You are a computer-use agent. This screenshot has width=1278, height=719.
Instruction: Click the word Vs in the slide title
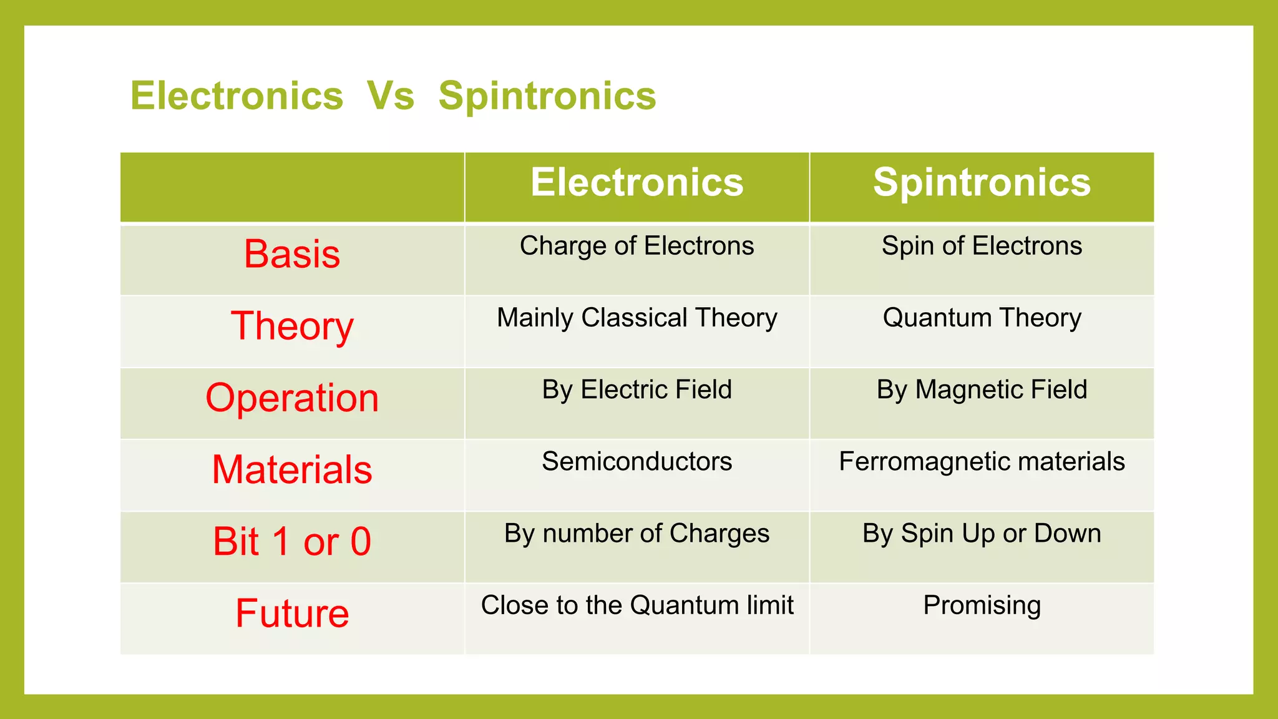(391, 96)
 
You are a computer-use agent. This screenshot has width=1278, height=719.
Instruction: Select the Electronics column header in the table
(637, 182)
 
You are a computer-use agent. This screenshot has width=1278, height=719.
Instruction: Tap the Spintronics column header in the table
(982, 182)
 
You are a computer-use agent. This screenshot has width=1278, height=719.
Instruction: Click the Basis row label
(292, 254)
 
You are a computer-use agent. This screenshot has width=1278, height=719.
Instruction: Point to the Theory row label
(292, 326)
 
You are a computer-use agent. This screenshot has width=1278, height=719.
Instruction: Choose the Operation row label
(292, 398)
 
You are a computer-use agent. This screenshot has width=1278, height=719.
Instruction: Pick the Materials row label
(292, 469)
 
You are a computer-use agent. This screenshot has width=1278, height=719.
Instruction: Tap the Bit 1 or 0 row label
(292, 541)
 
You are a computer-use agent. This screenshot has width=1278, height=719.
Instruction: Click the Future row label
(292, 613)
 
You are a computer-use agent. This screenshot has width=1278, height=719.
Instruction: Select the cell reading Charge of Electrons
(637, 246)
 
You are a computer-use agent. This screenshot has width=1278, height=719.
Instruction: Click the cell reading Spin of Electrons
(982, 246)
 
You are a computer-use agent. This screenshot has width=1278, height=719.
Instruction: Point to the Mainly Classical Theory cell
(637, 318)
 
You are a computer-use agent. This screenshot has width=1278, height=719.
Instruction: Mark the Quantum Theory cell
(982, 318)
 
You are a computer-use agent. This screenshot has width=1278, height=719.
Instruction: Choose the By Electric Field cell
(637, 389)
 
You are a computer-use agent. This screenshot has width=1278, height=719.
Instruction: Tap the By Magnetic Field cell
(982, 389)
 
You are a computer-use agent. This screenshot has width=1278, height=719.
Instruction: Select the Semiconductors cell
(637, 461)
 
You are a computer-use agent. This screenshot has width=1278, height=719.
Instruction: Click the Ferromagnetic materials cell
(982, 461)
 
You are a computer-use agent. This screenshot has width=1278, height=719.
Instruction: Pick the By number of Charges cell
(637, 534)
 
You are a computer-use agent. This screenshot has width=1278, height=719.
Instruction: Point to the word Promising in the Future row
(982, 605)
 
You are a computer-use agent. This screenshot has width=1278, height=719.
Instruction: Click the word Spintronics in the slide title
(547, 96)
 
